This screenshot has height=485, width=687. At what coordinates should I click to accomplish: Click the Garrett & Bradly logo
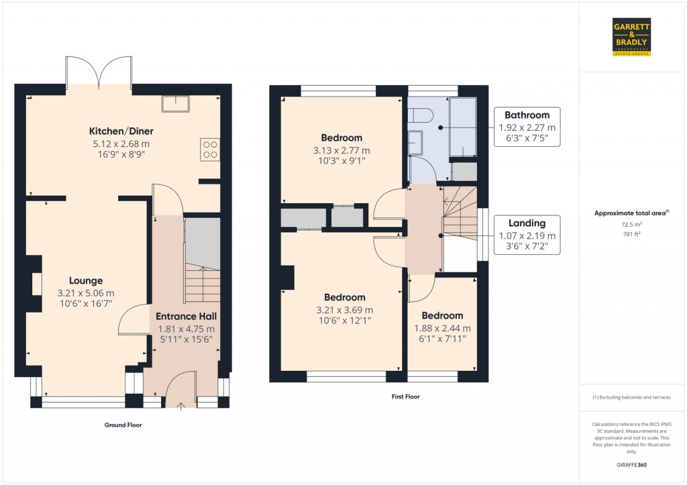tap(631, 37)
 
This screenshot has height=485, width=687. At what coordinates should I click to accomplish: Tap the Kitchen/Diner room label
tap(121, 131)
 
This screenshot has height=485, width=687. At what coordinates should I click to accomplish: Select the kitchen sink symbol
tap(175, 104)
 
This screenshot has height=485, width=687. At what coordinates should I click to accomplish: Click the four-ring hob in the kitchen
tap(210, 150)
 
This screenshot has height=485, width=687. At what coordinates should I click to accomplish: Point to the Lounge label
tap(86, 281)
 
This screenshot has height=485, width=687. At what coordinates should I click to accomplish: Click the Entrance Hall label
tap(187, 317)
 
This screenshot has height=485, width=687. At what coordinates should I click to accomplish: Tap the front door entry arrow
tap(180, 406)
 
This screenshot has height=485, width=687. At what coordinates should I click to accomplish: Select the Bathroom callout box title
tap(527, 115)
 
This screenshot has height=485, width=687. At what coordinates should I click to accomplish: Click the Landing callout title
tap(527, 223)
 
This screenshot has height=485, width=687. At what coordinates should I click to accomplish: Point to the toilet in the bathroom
tap(421, 115)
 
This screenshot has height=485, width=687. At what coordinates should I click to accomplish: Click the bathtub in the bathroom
tap(463, 127)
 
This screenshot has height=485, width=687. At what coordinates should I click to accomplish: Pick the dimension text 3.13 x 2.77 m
tap(341, 151)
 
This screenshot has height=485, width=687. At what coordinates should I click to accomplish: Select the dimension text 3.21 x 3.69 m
tap(345, 310)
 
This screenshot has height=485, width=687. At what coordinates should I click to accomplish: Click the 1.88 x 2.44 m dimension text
tap(443, 329)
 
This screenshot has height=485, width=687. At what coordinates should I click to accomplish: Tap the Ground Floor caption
tap(123, 425)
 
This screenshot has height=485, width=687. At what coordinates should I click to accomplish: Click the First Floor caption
tap(406, 397)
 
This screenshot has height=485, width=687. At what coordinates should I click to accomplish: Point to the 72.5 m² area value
tap(632, 224)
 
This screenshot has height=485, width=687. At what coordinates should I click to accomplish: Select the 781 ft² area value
tap(632, 234)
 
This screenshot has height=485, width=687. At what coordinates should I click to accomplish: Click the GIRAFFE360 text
tap(632, 466)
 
